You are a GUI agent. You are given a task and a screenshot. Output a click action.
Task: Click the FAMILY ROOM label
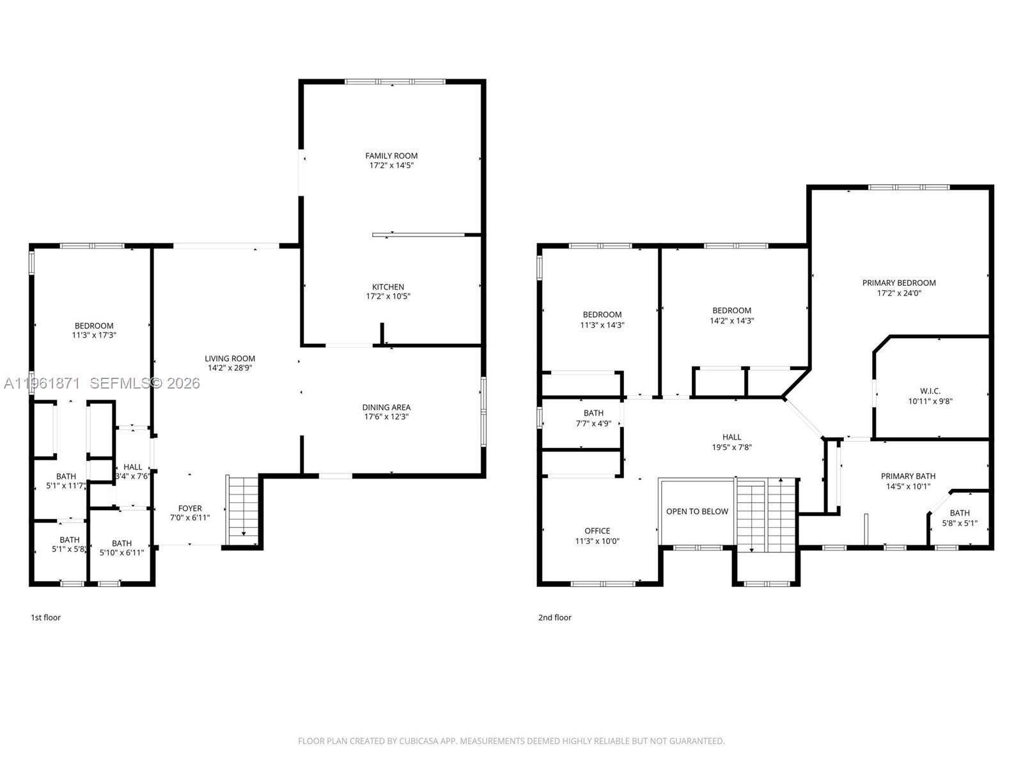[391, 156]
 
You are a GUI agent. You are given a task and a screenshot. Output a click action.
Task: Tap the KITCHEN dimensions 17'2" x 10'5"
[388, 297]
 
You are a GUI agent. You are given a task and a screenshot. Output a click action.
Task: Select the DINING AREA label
[386, 407]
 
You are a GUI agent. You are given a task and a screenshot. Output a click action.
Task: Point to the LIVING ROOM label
[230, 359]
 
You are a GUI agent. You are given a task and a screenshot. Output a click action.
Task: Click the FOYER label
[190, 509]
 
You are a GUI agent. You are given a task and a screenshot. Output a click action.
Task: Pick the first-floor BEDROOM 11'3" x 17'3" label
[94, 326]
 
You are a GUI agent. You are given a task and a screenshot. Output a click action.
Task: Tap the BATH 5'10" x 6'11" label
[121, 544]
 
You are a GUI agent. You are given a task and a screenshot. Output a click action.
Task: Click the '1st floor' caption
[46, 617]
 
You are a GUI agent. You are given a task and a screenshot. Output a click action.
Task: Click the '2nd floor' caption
[555, 617]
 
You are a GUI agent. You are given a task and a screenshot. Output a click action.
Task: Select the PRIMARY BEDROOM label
[899, 283]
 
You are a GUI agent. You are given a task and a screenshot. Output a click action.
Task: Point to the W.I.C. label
[930, 391]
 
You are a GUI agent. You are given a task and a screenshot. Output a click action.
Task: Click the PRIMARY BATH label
[908, 476]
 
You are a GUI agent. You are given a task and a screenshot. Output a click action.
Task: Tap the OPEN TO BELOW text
[697, 511]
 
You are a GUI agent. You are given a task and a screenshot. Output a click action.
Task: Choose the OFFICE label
[597, 531]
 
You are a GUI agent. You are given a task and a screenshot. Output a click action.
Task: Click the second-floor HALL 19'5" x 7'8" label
[732, 438]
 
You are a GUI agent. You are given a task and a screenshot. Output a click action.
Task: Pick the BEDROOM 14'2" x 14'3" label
[732, 311]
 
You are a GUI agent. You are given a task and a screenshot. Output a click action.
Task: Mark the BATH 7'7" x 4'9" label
[593, 414]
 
